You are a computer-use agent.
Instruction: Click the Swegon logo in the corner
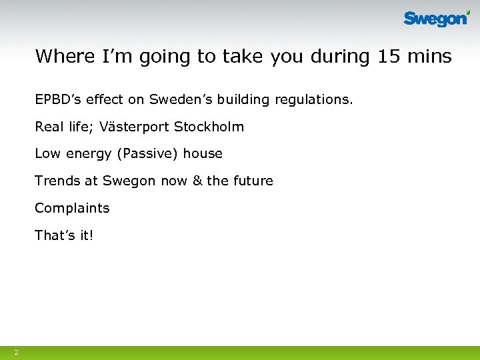point(437,19)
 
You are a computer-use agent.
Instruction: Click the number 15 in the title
point(389,56)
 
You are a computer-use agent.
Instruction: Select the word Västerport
point(137,127)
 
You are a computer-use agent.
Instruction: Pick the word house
point(203,154)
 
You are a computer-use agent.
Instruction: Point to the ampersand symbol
point(197,181)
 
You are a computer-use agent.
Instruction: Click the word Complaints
point(72,208)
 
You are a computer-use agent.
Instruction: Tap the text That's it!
point(64,235)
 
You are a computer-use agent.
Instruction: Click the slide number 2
point(16,352)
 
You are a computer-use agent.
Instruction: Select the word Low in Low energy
point(47,154)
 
